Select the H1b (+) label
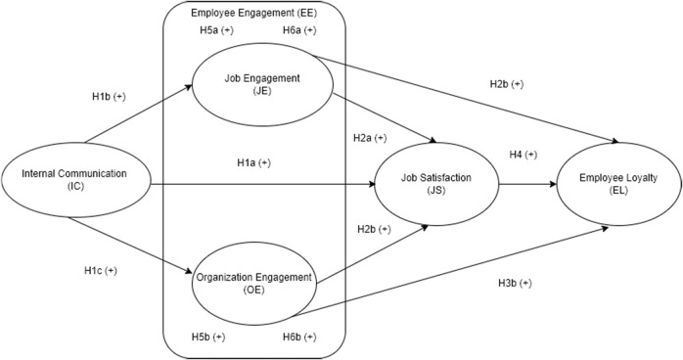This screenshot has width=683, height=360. pos(106,98)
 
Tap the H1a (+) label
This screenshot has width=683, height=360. pos(253,162)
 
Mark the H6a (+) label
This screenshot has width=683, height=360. pos(298,31)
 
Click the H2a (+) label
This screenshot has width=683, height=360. pos(369,138)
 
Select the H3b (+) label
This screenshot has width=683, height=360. pos(514,284)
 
